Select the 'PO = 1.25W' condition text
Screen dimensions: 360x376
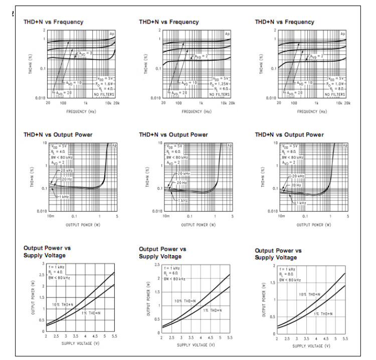pyautogui.click(x=221, y=84)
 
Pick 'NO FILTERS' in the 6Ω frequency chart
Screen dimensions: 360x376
pyautogui.click(x=221, y=94)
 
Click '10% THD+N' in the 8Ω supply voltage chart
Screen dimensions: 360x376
pyautogui.click(x=310, y=295)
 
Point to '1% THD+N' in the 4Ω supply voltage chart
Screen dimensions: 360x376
pyautogui.click(x=91, y=313)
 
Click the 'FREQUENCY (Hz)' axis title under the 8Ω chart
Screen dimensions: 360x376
pyautogui.click(x=310, y=111)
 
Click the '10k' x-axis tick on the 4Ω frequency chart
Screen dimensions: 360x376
pyautogui.click(x=107, y=103)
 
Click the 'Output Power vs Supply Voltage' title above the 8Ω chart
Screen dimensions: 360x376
pyautogui.click(x=278, y=254)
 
